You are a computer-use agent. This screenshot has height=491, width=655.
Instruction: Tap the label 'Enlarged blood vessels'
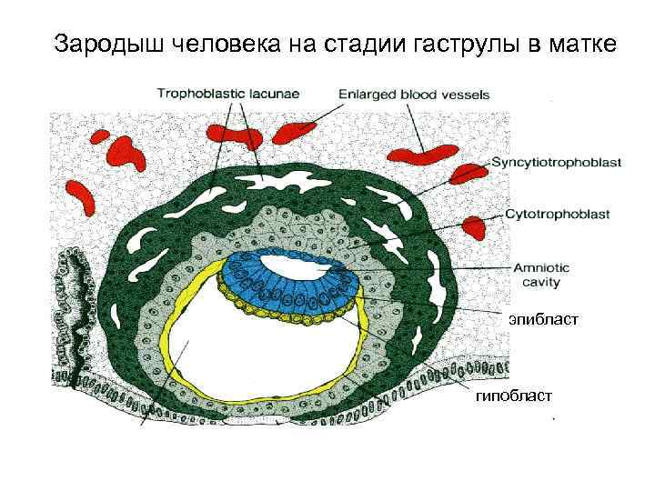(414, 93)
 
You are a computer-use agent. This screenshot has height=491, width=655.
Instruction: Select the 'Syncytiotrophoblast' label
(557, 163)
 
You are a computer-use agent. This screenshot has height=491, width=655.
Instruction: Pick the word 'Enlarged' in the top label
(368, 93)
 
